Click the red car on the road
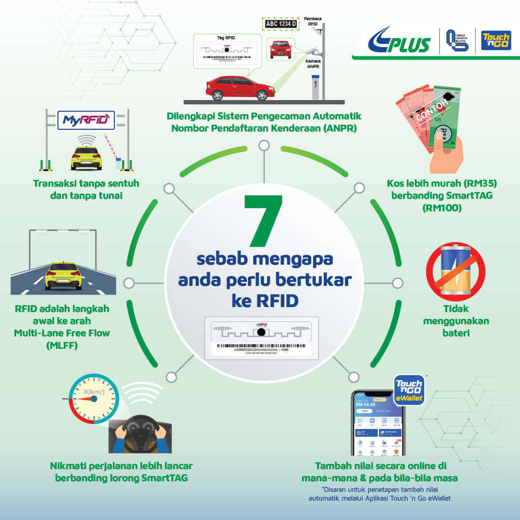[x=239, y=87]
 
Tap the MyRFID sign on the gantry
[x=85, y=120]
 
